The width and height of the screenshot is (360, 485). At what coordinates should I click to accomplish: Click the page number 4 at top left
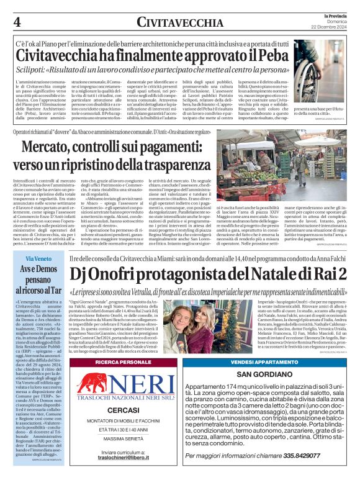[x=17, y=21]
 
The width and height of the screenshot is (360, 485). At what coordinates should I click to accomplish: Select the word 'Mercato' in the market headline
[x=55, y=148]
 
